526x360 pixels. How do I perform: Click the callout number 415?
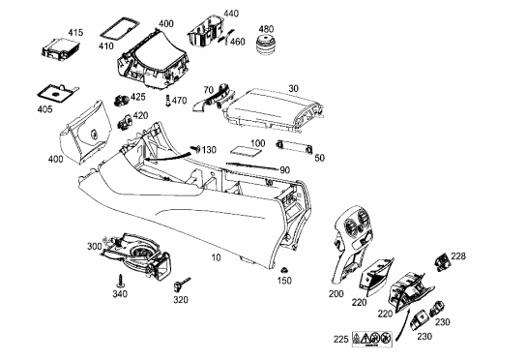pyautogui.click(x=75, y=33)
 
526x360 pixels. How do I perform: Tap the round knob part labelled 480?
pyautogui.click(x=266, y=45)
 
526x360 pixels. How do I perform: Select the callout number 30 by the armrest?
pyautogui.click(x=293, y=89)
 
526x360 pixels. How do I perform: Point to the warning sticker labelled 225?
pyautogui.click(x=372, y=339)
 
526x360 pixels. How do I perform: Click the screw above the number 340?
pyautogui.click(x=120, y=280)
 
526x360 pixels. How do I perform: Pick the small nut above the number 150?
pyautogui.click(x=284, y=270)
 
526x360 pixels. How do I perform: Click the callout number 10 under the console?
pyautogui.click(x=217, y=257)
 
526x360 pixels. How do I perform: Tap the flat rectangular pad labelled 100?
pyautogui.click(x=246, y=151)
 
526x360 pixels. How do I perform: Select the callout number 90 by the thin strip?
pyautogui.click(x=285, y=170)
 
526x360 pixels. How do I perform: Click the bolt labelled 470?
pyautogui.click(x=167, y=101)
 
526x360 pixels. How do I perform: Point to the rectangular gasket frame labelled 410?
pyautogui.click(x=120, y=30)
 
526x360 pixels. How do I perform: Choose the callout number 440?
pyautogui.click(x=231, y=14)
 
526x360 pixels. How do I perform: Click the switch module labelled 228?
pyautogui.click(x=442, y=261)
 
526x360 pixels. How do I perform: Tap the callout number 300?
pyautogui.click(x=94, y=247)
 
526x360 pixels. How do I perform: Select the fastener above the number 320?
pyautogui.click(x=181, y=285)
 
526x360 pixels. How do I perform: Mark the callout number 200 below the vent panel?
pyautogui.click(x=336, y=294)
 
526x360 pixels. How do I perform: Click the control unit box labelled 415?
pyautogui.click(x=61, y=49)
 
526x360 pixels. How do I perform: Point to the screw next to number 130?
pyautogui.click(x=195, y=149)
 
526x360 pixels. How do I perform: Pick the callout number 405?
pyautogui.click(x=44, y=109)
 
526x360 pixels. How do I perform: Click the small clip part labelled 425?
pyautogui.click(x=122, y=100)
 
